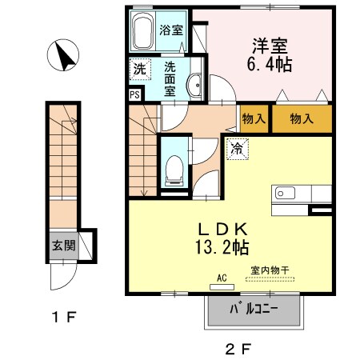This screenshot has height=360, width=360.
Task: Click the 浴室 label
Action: coord(170,30)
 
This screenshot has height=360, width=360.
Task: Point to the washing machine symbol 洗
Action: coord(139,70)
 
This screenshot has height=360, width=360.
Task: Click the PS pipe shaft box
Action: coord(134,93)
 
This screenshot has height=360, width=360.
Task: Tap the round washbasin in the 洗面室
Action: coord(194,86)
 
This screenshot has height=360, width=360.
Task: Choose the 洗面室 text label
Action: coord(170,78)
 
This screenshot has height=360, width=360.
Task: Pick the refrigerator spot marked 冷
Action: coord(237,148)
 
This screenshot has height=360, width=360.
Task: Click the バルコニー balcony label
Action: coord(254,309)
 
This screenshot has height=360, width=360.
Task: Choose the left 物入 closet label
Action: coord(254,118)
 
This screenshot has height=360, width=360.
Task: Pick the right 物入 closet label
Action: coord(301,118)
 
